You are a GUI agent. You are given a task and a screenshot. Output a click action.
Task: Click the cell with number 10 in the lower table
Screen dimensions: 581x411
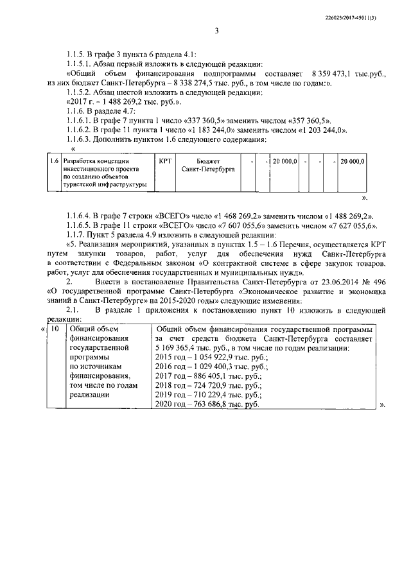(x=55, y=329)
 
